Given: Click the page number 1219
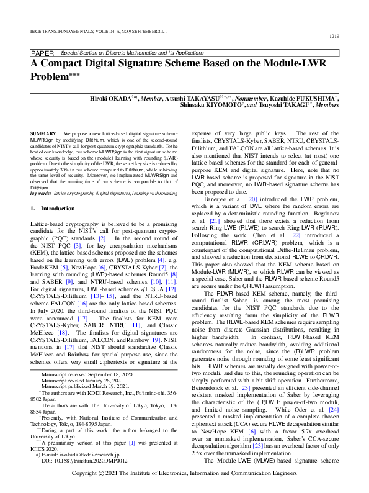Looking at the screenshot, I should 332,37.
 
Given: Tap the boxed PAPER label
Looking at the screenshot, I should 42,54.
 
